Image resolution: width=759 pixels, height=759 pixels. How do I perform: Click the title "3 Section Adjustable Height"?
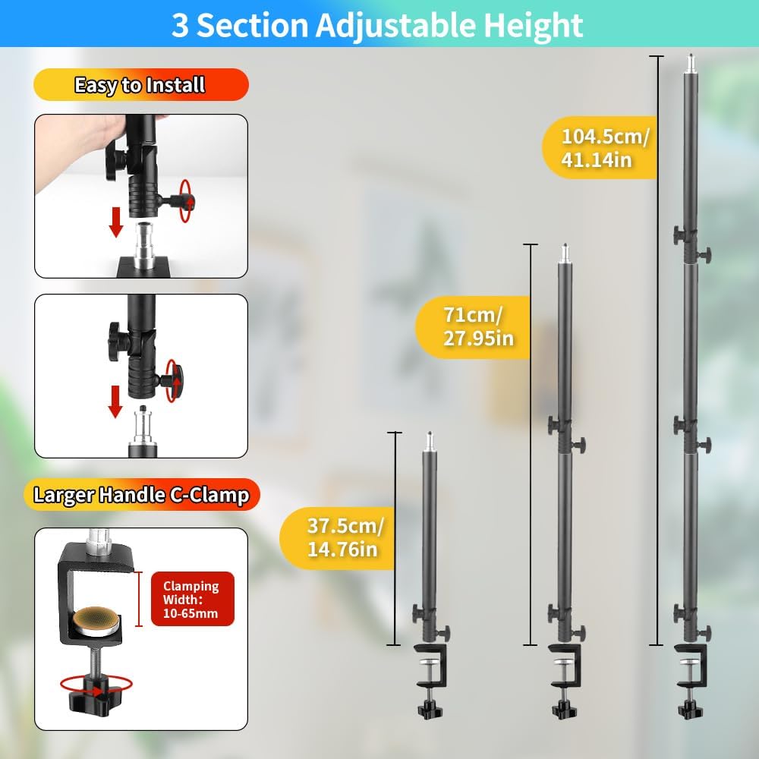click(x=377, y=25)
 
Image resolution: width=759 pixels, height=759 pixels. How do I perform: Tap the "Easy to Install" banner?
click(x=141, y=85)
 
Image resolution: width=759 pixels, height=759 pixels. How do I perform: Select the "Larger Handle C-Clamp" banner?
click(x=141, y=495)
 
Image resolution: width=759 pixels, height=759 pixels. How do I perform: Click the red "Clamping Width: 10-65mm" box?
click(x=192, y=600)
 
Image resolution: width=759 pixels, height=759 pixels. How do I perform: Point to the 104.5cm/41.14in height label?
click(x=600, y=148)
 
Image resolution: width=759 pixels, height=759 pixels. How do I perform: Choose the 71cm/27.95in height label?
click(x=474, y=326)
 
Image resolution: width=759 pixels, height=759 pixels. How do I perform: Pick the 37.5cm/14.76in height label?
click(x=338, y=537)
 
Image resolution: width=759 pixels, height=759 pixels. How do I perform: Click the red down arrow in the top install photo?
click(x=115, y=222)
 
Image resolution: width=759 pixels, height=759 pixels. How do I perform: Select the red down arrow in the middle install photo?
click(x=115, y=402)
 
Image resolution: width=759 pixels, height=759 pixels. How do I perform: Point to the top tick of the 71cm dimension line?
click(x=531, y=245)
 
